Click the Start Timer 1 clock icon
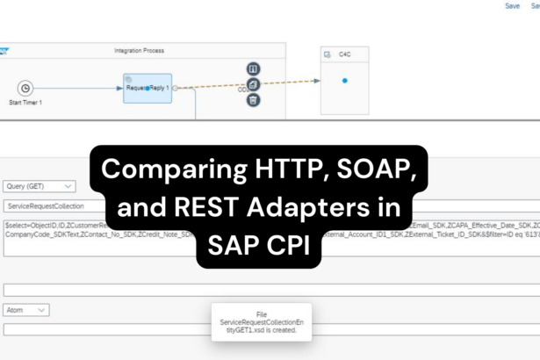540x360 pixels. point(25,88)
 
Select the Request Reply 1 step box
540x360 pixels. point(148,88)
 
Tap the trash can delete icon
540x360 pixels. point(253,100)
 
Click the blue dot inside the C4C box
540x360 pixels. point(344,81)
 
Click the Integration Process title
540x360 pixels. point(139,51)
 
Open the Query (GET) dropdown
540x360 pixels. point(40,186)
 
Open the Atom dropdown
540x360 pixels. point(26,310)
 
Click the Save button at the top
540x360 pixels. point(512,6)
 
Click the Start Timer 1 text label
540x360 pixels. point(25,103)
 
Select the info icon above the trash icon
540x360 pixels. point(253,69)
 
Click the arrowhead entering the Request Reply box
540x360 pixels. point(120,88)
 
